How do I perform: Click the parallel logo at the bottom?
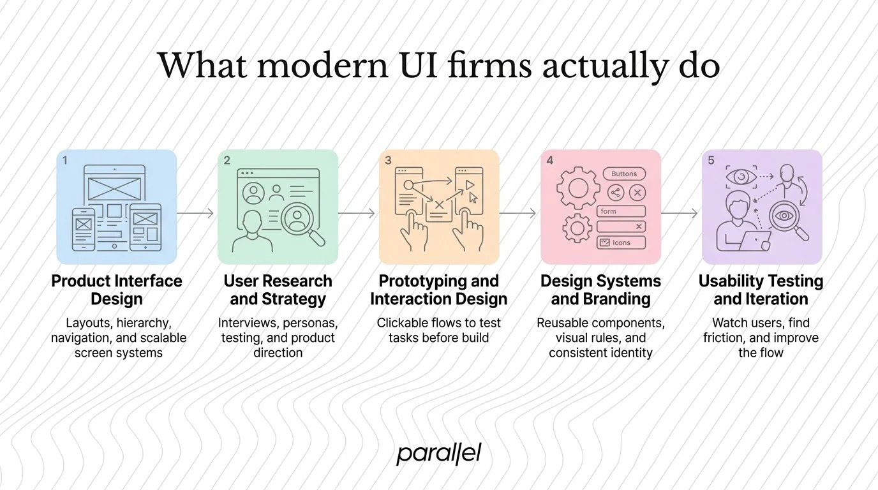click(438, 454)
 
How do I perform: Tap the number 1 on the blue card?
click(65, 161)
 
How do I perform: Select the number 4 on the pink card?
click(550, 161)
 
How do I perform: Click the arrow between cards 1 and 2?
click(195, 213)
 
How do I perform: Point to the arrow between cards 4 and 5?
click(680, 213)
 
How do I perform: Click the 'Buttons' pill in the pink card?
click(624, 174)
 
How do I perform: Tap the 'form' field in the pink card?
click(621, 211)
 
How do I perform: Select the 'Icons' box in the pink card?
click(621, 242)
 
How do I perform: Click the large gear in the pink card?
click(578, 188)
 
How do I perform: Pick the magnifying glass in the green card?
click(300, 221)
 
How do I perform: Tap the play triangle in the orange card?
click(471, 184)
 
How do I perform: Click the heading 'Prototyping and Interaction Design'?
click(438, 290)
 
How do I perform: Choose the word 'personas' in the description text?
click(313, 323)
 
